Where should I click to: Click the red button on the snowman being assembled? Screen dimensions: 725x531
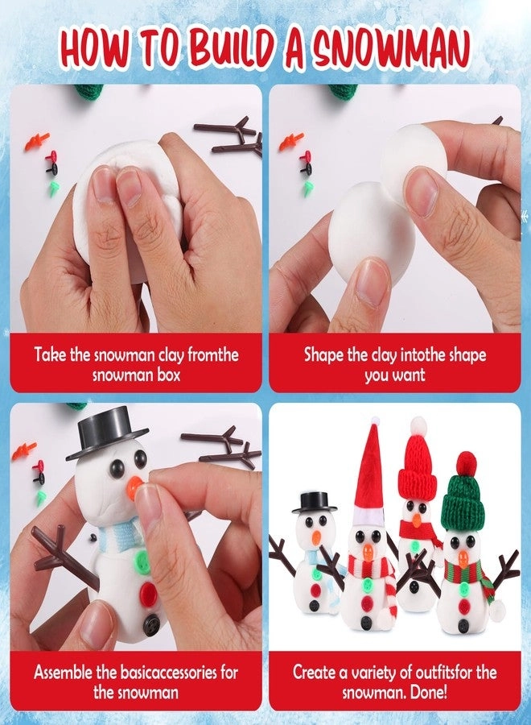[x=148, y=594]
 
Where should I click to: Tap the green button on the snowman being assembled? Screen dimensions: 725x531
[x=142, y=559]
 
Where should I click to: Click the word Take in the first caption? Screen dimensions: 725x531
[x=52, y=354]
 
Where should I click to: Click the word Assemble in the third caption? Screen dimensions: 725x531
[x=68, y=672]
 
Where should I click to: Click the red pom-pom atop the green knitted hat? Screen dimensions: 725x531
[x=466, y=462]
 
